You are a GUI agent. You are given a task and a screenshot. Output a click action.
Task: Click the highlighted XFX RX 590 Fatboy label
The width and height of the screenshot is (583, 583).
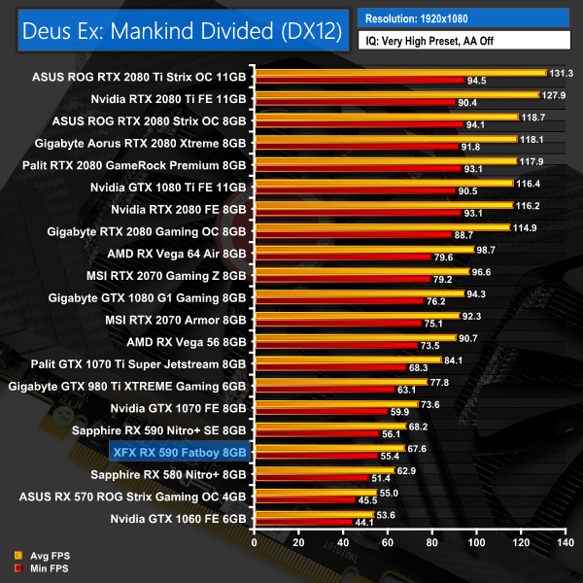(x=179, y=452)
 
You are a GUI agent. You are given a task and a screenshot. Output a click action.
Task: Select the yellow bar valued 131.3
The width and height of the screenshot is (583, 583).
(x=399, y=72)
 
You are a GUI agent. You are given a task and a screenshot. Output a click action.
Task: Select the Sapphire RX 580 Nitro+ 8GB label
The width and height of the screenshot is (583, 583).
(x=168, y=474)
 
